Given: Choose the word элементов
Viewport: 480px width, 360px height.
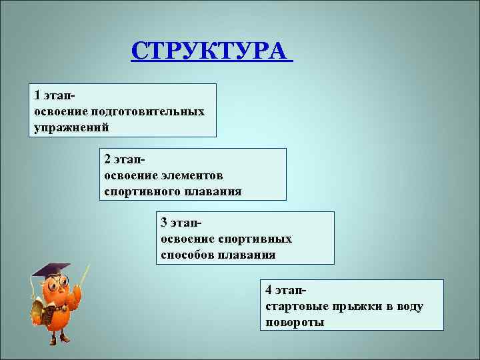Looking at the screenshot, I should pos(192,175).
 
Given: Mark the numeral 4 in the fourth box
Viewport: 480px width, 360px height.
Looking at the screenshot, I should pos(269,291).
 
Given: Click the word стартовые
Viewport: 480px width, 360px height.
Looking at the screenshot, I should pos(293,307).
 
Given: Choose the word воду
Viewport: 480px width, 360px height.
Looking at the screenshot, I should pos(409,307).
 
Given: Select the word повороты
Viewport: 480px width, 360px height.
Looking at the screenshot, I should pos(295,323).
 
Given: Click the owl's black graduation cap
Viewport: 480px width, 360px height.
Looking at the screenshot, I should pos(51,271).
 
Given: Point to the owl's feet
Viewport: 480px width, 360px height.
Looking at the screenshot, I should pos(57,338).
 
